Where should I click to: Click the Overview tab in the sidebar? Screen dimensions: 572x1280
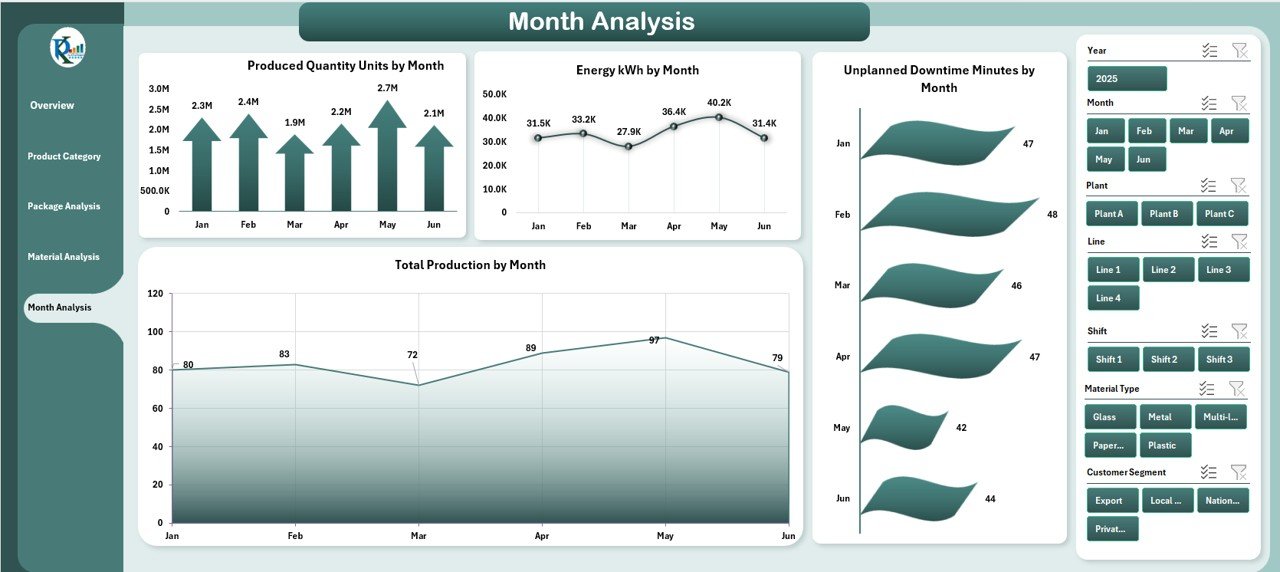pos(52,105)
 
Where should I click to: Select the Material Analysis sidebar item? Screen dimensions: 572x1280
pos(63,257)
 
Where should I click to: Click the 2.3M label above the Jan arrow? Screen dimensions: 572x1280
pos(202,106)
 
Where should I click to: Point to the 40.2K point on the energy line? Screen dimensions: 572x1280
pos(718,117)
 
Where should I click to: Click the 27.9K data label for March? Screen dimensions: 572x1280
pos(628,131)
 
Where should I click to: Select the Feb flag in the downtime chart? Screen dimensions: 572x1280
pos(945,212)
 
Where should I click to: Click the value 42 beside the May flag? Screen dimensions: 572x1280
pos(961,428)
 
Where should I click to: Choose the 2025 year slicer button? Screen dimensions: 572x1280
pos(1126,79)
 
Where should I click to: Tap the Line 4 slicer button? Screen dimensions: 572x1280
pos(1112,298)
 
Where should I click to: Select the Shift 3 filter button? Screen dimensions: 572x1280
pos(1219,360)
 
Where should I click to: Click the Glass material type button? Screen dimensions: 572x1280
pos(1109,417)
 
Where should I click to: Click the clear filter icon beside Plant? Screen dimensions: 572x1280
pos(1239,185)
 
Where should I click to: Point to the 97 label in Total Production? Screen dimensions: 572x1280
pos(654,340)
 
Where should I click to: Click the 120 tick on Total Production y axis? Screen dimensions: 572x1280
pos(155,294)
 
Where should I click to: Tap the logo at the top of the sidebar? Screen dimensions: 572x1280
pos(67,48)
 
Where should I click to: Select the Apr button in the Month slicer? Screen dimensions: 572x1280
pos(1228,131)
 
